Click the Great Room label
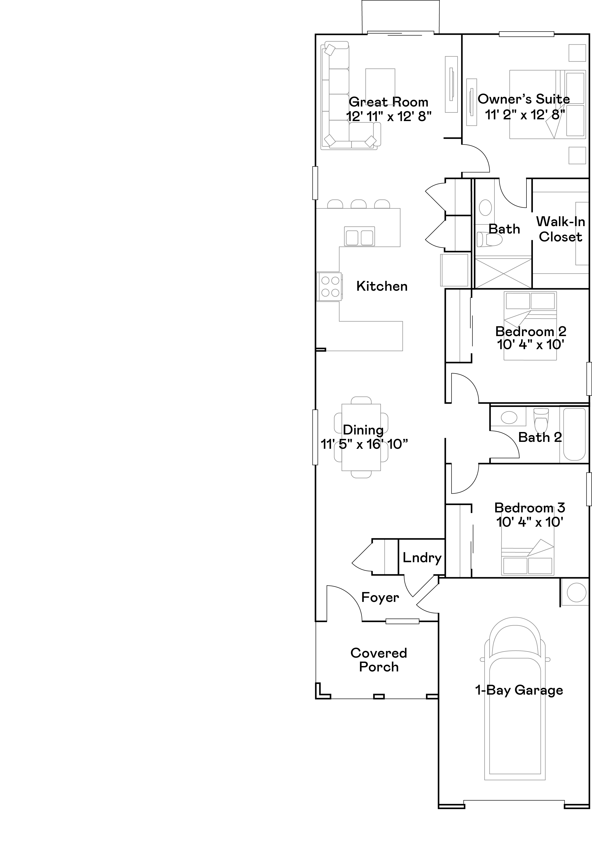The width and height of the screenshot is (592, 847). pos(389,102)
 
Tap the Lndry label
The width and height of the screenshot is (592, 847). pos(422,558)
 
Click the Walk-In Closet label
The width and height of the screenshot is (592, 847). pos(560,229)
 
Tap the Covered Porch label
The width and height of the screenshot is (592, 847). pos(379,660)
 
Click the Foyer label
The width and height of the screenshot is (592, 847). pos(380,597)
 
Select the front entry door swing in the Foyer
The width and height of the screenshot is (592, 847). pos(343,601)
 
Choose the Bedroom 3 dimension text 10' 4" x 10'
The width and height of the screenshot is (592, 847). pos(529,522)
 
